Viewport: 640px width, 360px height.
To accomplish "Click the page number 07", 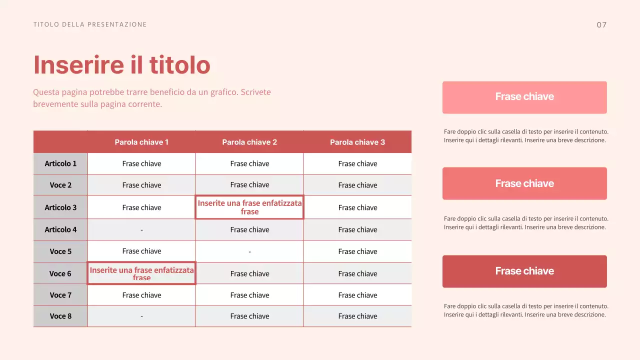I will pyautogui.click(x=601, y=24).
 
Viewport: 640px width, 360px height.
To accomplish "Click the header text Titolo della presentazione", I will pyautogui.click(x=90, y=24).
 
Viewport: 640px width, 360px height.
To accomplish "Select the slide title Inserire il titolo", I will pyautogui.click(x=121, y=65).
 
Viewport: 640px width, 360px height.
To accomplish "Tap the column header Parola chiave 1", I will pyautogui.click(x=141, y=142).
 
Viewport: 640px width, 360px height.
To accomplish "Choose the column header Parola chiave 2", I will pyautogui.click(x=249, y=142).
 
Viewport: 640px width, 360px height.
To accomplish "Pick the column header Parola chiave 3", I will pyautogui.click(x=357, y=142).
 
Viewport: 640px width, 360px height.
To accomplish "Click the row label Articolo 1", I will pyautogui.click(x=60, y=163).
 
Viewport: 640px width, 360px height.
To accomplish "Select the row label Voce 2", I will pyautogui.click(x=60, y=185).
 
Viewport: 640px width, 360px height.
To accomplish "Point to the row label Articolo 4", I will pyautogui.click(x=60, y=229).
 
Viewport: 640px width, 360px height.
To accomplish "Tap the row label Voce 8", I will pyautogui.click(x=60, y=316).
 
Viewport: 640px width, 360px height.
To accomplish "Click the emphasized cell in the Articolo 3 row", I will pyautogui.click(x=249, y=207).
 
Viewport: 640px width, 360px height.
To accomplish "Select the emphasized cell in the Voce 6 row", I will pyautogui.click(x=141, y=273).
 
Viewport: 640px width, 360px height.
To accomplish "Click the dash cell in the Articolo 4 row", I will pyautogui.click(x=141, y=229).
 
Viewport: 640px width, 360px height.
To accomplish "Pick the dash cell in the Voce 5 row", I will pyautogui.click(x=249, y=251).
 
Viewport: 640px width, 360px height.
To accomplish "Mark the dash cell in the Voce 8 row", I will pyautogui.click(x=141, y=316).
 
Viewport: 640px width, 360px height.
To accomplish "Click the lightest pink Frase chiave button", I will pyautogui.click(x=524, y=97).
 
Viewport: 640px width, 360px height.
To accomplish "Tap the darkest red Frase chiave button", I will pyautogui.click(x=524, y=271).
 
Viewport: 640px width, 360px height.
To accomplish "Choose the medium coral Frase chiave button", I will pyautogui.click(x=524, y=183).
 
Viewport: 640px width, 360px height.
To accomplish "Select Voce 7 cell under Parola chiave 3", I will pyautogui.click(x=357, y=295).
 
